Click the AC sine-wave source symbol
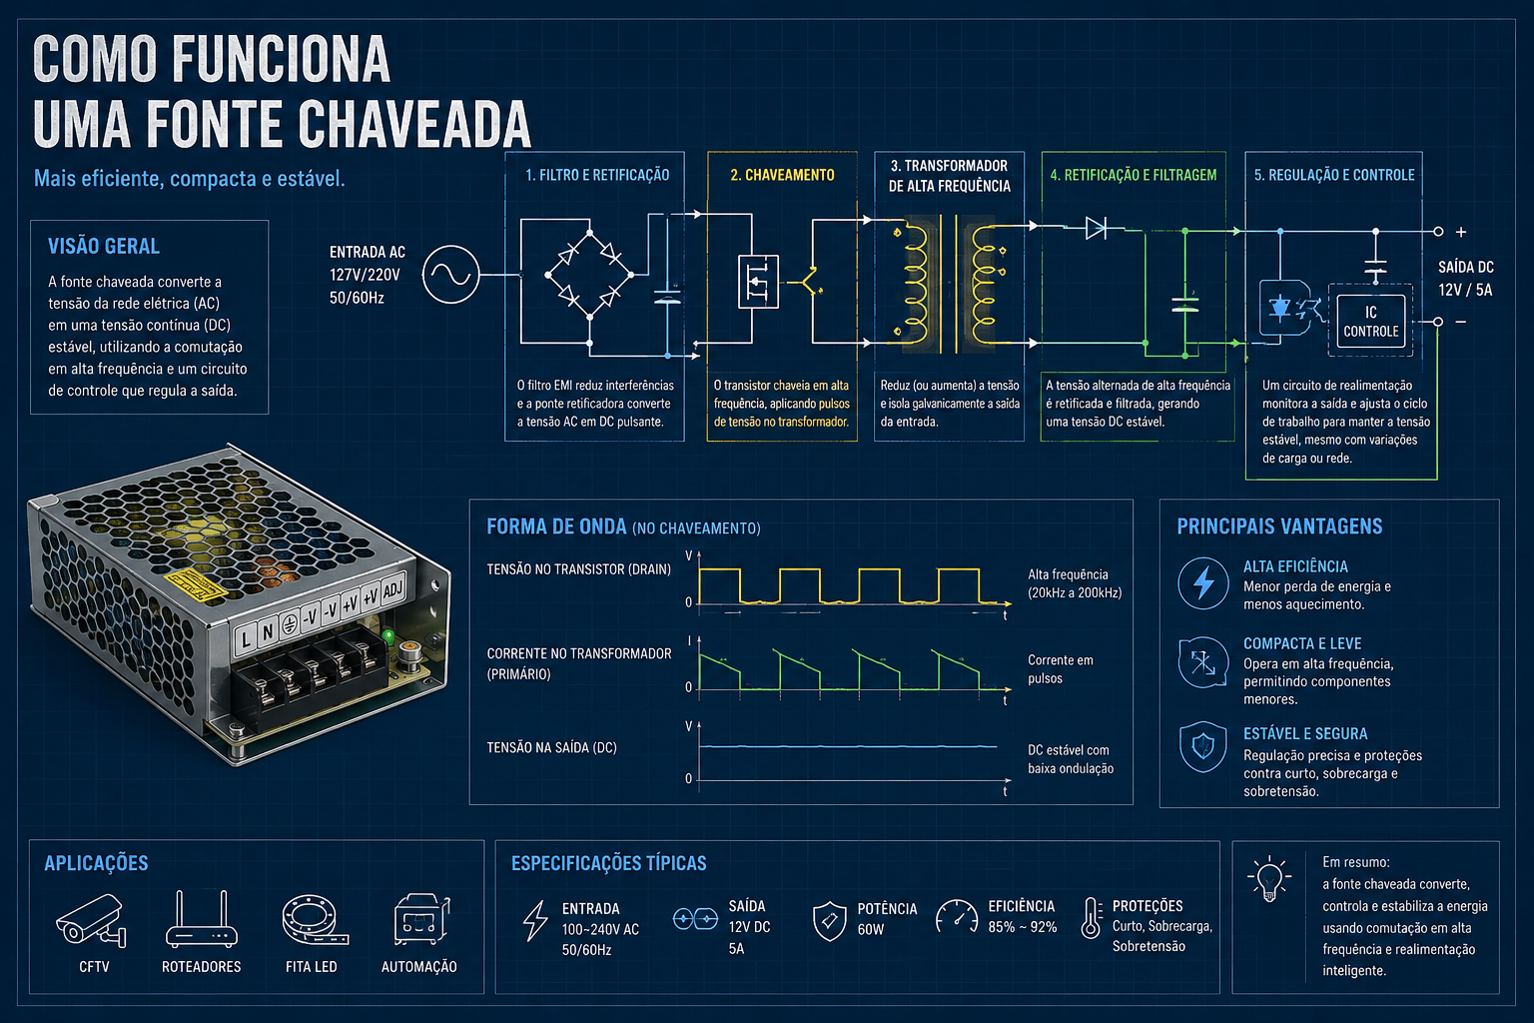450,274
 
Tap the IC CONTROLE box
1370,321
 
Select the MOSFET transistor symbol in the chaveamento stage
758,281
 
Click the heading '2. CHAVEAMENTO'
782,176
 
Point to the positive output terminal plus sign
1461,232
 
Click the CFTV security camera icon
91,920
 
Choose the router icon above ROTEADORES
202,919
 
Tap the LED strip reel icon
314,919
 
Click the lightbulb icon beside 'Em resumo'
1269,878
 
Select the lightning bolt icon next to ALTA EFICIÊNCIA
1203,583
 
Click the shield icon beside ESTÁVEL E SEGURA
1203,746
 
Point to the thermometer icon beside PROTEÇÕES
1091,918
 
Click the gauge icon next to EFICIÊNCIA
957,917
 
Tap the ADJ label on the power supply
392,589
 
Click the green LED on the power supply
388,636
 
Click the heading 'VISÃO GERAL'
104,246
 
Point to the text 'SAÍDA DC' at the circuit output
1465,267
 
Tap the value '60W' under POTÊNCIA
871,930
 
